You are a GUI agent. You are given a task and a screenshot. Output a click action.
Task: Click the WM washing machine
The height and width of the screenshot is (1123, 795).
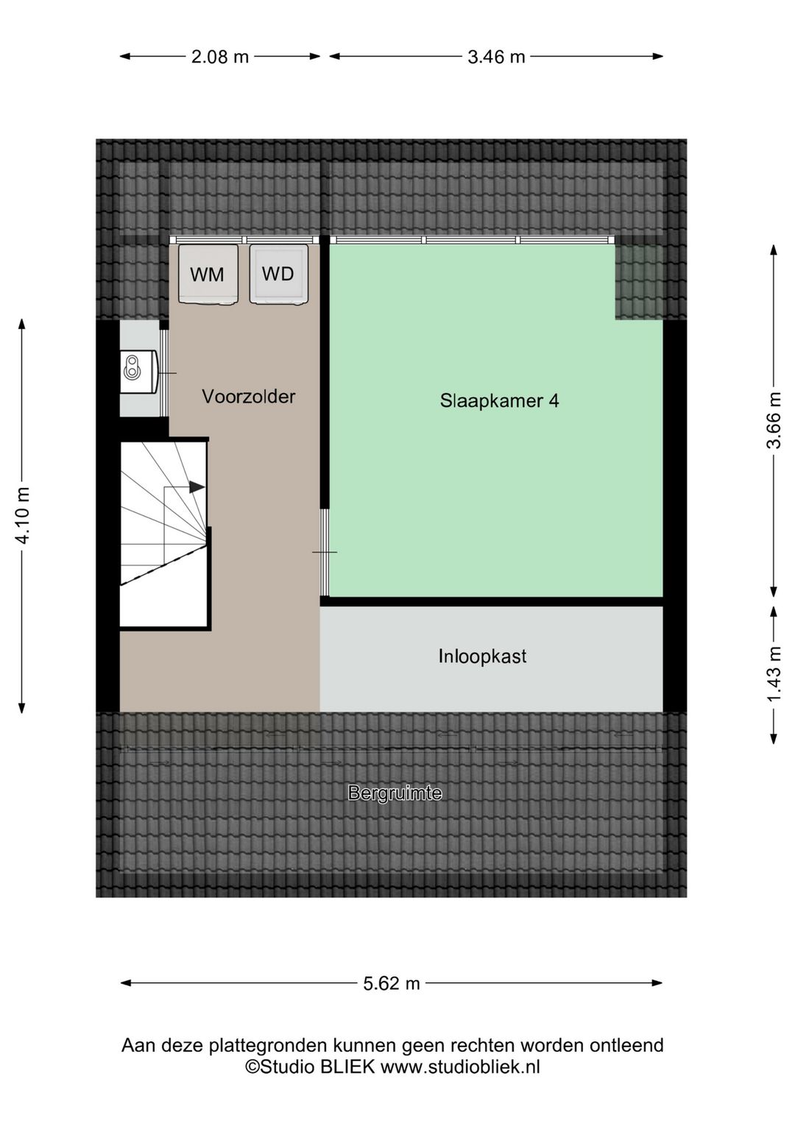(x=208, y=274)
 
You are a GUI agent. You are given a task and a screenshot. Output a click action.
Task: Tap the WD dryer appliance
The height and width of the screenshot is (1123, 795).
(x=278, y=274)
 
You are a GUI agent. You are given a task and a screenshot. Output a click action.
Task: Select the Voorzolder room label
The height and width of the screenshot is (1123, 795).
(x=249, y=397)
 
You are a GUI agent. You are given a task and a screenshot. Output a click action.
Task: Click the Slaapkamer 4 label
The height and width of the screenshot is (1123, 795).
(x=499, y=401)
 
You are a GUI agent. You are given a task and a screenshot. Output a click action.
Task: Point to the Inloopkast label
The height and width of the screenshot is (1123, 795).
(x=482, y=656)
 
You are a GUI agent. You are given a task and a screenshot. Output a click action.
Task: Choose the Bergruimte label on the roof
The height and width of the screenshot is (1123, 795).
(x=395, y=793)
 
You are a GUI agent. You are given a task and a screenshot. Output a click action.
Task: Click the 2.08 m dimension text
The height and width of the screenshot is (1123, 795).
(x=220, y=57)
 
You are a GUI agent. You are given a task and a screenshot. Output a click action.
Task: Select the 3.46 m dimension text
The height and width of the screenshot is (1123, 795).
(x=496, y=57)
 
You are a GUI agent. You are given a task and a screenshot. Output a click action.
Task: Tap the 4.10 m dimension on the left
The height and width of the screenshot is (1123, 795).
(x=23, y=515)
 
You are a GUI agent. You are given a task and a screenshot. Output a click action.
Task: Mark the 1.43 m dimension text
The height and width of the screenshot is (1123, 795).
(x=774, y=674)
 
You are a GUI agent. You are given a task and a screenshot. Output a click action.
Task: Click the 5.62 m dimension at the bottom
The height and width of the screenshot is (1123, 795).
(x=392, y=983)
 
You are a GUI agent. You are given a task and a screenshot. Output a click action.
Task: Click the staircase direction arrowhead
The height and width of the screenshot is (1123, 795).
(x=197, y=486)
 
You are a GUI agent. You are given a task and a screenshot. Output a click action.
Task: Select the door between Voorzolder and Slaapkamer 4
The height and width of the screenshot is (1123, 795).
(x=325, y=552)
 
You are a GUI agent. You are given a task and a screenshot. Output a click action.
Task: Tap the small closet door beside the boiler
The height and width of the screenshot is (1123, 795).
(x=164, y=373)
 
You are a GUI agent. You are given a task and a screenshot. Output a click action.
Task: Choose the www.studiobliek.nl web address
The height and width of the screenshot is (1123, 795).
(x=460, y=1067)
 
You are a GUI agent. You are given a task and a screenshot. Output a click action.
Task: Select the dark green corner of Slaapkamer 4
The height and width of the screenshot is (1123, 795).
(x=638, y=282)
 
